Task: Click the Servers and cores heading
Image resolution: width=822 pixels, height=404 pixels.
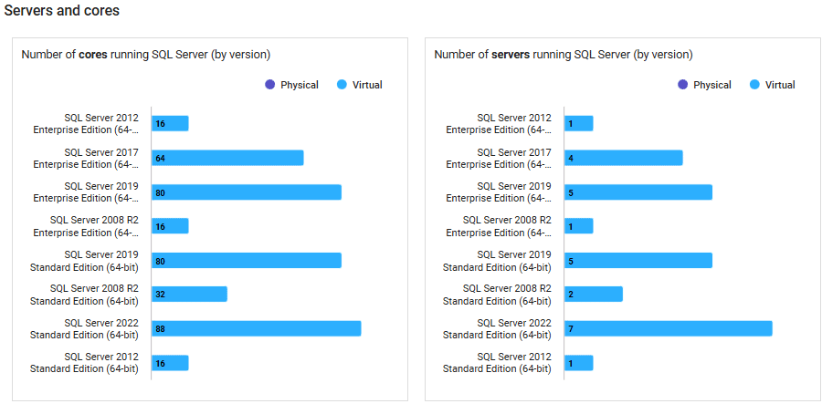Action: tap(62, 11)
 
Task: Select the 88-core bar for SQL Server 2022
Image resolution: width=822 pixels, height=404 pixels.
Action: tap(256, 328)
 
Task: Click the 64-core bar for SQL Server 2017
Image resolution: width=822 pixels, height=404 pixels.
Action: tap(227, 158)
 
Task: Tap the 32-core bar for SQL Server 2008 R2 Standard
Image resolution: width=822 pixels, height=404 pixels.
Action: tap(189, 294)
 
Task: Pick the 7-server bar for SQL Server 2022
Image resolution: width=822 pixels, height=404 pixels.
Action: tap(669, 328)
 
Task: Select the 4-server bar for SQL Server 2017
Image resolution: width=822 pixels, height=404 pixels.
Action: tap(624, 158)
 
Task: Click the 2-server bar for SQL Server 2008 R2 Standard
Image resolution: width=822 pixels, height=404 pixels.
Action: tap(594, 294)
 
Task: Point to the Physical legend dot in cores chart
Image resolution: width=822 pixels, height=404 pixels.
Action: tap(269, 85)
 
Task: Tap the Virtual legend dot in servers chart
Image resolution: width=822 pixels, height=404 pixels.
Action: tap(755, 85)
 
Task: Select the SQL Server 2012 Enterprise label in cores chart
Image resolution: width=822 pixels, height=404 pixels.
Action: tap(87, 123)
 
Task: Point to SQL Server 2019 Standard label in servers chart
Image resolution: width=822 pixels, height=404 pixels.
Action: tap(498, 261)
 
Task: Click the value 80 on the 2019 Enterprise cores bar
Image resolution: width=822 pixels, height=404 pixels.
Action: tap(160, 192)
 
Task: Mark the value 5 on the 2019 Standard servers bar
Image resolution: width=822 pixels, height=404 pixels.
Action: tap(570, 261)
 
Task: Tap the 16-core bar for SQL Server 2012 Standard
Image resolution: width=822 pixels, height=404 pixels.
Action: tap(170, 363)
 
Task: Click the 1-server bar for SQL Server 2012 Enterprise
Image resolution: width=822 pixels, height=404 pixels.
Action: tap(579, 123)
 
